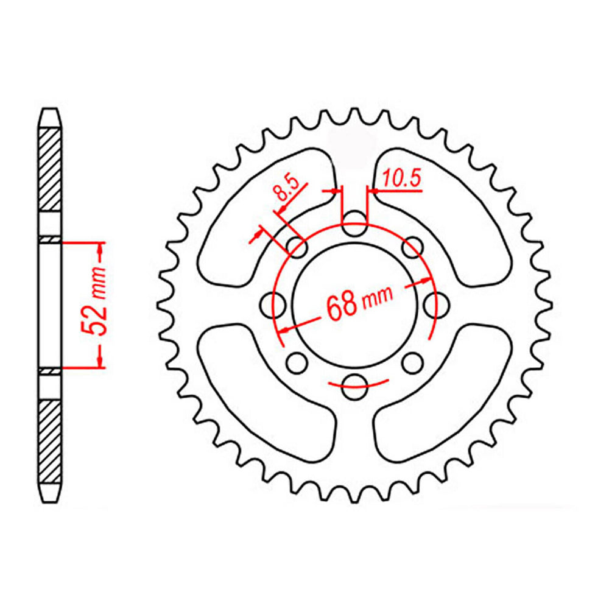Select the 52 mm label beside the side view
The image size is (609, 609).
(x=97, y=303)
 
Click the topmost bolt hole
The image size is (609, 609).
(x=354, y=220)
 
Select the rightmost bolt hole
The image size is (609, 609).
(x=432, y=302)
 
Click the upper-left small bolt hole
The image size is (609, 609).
(x=297, y=247)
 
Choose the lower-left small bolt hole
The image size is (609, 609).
(x=297, y=362)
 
